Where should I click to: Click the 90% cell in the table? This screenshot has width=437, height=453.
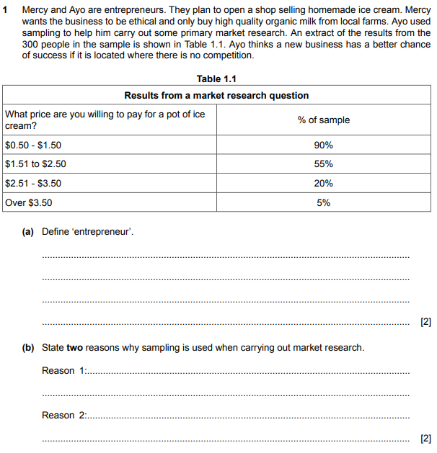click(x=323, y=145)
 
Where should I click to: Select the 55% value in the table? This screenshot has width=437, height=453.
click(x=323, y=164)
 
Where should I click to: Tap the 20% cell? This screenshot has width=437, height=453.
click(x=323, y=184)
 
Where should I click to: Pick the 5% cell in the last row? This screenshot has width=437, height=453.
click(x=323, y=203)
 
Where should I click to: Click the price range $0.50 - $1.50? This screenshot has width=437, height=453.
click(x=33, y=145)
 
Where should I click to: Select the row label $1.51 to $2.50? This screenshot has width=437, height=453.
click(x=35, y=164)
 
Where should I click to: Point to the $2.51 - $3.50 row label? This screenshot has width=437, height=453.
click(x=33, y=184)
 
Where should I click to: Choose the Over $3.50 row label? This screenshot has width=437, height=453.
click(x=29, y=203)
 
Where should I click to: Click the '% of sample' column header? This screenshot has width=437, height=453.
click(x=323, y=120)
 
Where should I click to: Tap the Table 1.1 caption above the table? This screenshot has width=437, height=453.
click(x=216, y=79)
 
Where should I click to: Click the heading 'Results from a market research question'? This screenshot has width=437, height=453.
click(x=216, y=95)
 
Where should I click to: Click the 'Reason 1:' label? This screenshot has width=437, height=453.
click(x=63, y=371)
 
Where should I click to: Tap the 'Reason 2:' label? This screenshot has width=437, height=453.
click(x=63, y=416)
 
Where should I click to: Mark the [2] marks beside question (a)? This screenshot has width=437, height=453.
click(x=425, y=321)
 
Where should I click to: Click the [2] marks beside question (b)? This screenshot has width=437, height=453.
click(x=425, y=438)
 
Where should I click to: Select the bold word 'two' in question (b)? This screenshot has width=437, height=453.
click(x=75, y=348)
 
